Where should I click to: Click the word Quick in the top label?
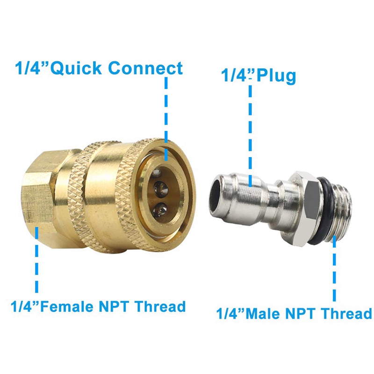coord(76,68)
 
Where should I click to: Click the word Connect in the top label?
coord(145,68)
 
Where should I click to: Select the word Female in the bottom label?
coord(69,306)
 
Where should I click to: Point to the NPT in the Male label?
coord(299,314)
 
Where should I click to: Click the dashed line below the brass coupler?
coord(37,260)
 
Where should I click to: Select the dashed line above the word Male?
coord(335,269)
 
